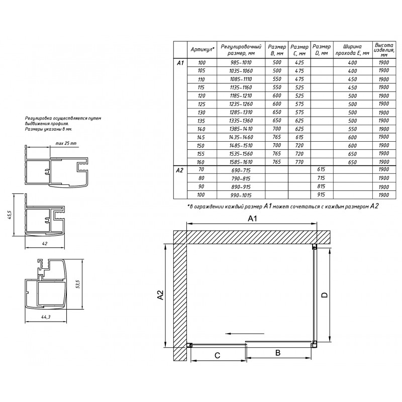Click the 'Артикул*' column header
tap(203, 49)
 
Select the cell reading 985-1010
tap(241, 62)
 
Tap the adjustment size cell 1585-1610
tap(241, 162)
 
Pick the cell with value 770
tap(299, 162)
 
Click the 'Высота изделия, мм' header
tap(383, 50)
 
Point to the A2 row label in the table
tap(180, 170)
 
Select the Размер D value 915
tap(321, 194)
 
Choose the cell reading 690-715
tap(241, 170)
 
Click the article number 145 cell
tap(202, 137)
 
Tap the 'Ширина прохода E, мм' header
tap(353, 50)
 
